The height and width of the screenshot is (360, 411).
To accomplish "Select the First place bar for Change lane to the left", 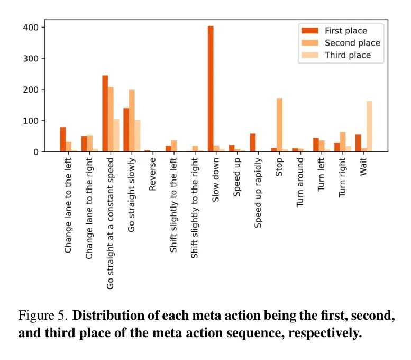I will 63,139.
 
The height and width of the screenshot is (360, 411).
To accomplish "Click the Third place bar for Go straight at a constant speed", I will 116,136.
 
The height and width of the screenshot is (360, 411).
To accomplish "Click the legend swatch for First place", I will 308,31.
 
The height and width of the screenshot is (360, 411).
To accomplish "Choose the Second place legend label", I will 352,43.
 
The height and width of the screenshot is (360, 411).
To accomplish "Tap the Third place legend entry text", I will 348,55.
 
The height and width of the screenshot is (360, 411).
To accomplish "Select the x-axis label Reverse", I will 152,173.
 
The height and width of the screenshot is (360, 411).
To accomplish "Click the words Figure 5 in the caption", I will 43,316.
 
